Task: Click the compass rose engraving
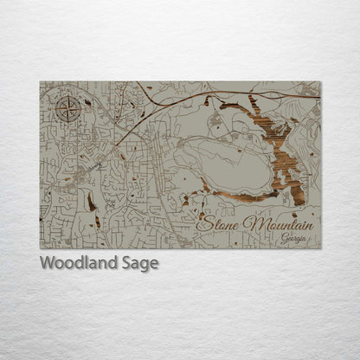67,109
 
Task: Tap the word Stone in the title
219,223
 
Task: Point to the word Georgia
293,239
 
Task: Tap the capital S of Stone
203,222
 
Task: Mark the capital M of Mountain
250,223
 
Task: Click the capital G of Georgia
283,238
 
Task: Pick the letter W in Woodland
47,264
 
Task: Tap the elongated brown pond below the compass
90,203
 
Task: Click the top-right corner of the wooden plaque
320,82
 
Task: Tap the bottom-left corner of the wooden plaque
40,248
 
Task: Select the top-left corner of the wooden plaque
40,82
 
